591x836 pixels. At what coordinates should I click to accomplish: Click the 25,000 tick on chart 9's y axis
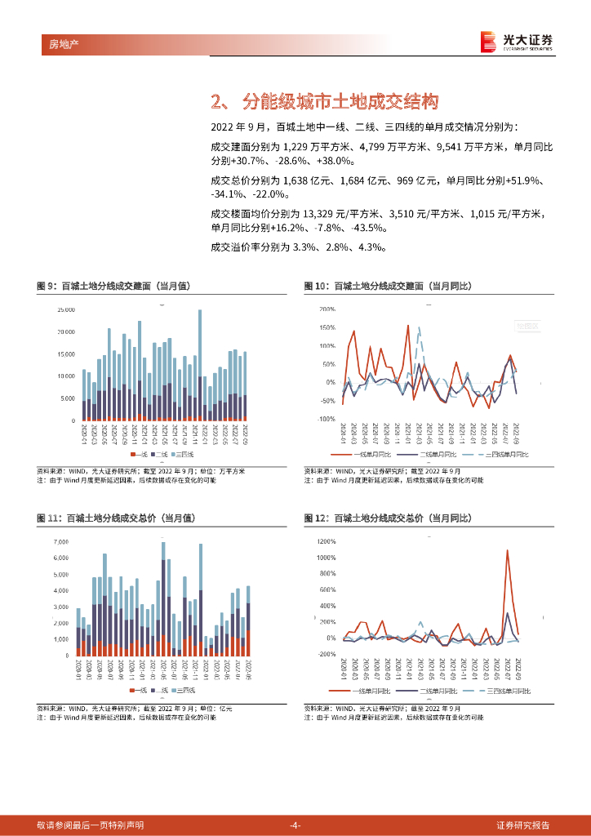tap(66, 310)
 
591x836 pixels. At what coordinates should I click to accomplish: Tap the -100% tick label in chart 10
tap(326, 419)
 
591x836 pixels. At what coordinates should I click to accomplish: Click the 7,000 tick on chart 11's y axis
tap(62, 542)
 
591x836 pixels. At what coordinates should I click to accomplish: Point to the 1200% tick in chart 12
tap(326, 542)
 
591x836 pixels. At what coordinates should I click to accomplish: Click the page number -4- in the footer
tap(295, 825)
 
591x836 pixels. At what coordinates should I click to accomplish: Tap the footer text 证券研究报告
tap(528, 825)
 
